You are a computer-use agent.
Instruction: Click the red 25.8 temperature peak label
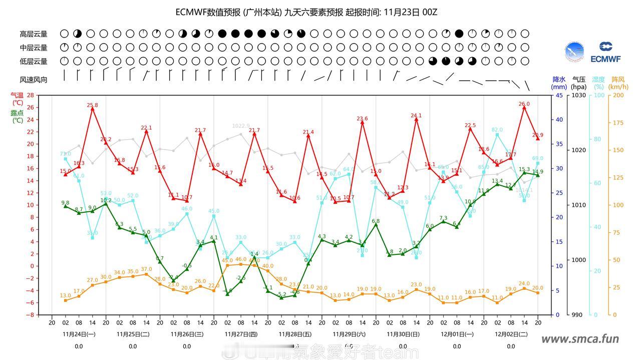click(92, 105)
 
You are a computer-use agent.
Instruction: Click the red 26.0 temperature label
click(524, 104)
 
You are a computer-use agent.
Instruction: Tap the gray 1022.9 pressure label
click(241, 126)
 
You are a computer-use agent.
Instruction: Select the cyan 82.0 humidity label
click(497, 130)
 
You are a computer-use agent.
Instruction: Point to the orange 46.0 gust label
click(241, 259)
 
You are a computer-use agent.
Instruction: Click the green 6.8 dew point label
click(376, 221)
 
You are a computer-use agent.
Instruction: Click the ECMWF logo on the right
click(605, 52)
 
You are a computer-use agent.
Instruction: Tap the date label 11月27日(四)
click(241, 333)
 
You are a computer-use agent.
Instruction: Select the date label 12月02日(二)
click(510, 333)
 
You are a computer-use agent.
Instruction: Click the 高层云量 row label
click(34, 34)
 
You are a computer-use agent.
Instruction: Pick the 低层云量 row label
click(34, 62)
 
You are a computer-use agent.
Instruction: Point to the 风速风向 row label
click(34, 80)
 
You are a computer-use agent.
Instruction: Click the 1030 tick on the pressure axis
click(578, 95)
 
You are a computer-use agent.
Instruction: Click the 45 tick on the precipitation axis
click(559, 95)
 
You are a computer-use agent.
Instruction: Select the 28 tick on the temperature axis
click(31, 95)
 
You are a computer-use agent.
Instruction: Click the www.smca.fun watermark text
click(580, 339)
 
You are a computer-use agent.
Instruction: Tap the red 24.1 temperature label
click(416, 116)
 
